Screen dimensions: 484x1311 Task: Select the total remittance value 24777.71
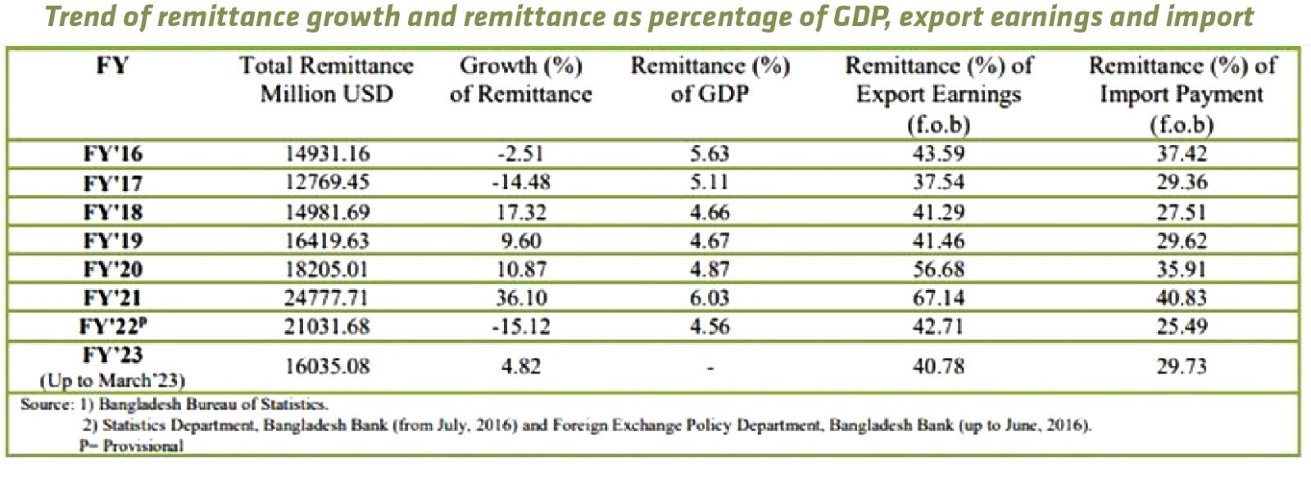[327, 297]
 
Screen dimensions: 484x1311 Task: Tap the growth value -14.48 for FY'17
[521, 182]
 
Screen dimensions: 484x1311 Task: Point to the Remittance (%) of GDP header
[710, 79]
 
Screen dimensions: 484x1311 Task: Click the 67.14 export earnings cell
[938, 297]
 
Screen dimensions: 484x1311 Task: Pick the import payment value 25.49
[1182, 326]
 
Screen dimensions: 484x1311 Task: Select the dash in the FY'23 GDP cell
[710, 368]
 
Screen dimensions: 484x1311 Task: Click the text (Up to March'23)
[112, 381]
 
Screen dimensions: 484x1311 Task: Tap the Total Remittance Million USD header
[327, 79]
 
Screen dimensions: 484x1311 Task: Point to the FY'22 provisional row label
[113, 326]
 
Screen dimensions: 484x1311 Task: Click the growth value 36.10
[521, 297]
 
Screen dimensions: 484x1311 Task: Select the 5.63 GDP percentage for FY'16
[710, 153]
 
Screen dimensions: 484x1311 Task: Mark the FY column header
[112, 66]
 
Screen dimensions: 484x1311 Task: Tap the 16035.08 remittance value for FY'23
[327, 366]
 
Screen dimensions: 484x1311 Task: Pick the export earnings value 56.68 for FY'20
[938, 269]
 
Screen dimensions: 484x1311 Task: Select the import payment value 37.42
[1182, 153]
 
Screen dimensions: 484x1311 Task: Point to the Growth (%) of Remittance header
[521, 79]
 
